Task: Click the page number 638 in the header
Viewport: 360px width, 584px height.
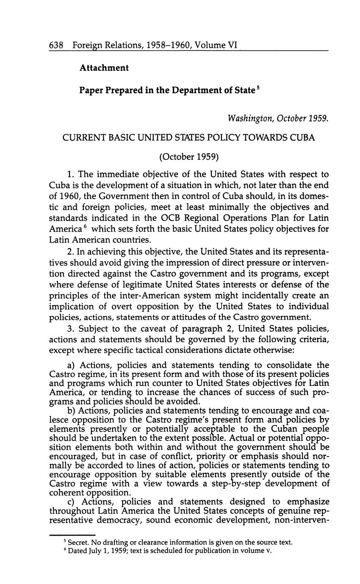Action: [56, 45]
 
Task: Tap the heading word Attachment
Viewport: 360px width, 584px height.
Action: [104, 68]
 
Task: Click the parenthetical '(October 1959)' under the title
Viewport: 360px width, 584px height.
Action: [189, 157]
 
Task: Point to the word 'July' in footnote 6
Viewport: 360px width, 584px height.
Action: [94, 551]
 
